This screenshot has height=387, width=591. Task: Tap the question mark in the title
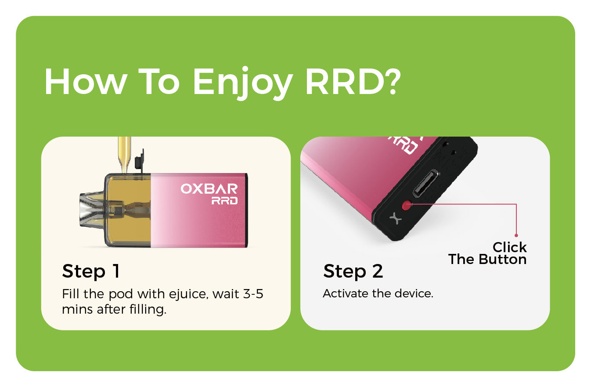(x=392, y=82)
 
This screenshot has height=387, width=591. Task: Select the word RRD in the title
(x=343, y=81)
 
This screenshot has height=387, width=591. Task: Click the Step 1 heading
(x=91, y=271)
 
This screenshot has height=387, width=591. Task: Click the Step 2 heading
(x=353, y=271)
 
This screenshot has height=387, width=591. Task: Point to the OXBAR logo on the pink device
(x=209, y=189)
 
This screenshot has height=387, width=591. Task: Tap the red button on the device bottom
(x=407, y=205)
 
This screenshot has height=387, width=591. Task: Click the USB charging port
(x=425, y=184)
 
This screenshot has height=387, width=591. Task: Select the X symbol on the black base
(x=396, y=219)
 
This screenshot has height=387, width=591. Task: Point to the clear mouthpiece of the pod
(x=91, y=210)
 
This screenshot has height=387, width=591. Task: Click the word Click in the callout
(x=509, y=247)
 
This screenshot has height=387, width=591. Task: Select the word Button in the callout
(x=503, y=259)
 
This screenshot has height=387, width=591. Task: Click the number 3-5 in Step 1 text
(x=253, y=294)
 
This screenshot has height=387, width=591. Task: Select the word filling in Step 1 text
(x=148, y=309)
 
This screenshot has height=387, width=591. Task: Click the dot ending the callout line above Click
(x=516, y=235)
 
